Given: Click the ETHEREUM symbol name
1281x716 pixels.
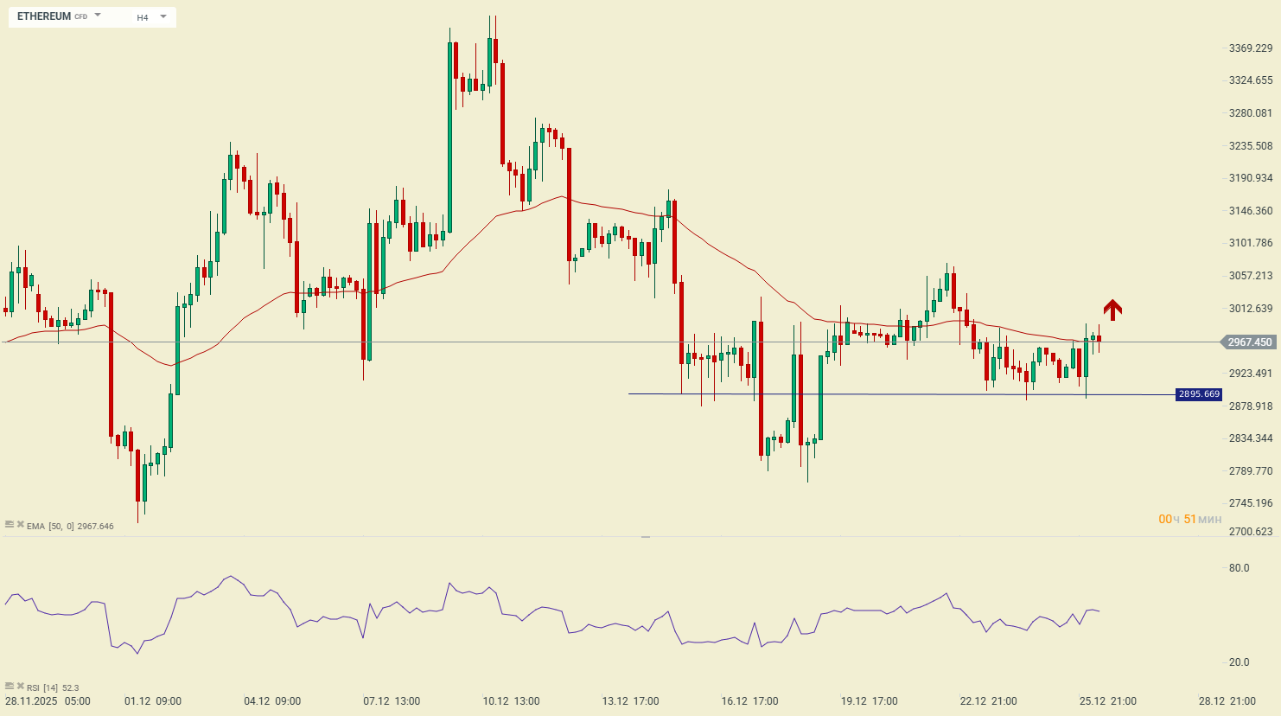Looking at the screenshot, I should [44, 16].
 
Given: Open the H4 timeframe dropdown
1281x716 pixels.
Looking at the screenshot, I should [163, 16].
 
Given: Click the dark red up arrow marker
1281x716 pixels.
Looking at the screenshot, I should [1112, 309].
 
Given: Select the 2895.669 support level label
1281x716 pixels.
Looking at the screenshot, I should [1199, 394].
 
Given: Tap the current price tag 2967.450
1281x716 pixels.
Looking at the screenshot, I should [1250, 342].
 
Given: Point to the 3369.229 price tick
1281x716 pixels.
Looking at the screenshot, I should [1250, 48].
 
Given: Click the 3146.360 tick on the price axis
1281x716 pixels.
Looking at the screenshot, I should [1250, 211].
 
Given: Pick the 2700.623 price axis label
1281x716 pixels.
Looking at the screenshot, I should [1250, 532].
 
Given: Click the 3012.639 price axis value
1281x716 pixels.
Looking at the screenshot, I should [1250, 309].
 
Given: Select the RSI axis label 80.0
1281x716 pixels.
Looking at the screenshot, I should [1239, 568].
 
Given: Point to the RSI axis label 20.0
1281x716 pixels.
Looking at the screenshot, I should [1239, 662].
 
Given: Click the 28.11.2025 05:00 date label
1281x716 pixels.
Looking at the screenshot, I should [48, 701].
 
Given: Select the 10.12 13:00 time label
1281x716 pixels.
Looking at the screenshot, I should [511, 701].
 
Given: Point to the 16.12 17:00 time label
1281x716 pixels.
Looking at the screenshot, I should [749, 701].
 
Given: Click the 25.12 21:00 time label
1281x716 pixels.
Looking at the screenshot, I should [1107, 701].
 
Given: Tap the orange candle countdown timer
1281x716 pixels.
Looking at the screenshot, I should [1189, 520].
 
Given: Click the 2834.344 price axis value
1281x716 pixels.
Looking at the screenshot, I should [1250, 438].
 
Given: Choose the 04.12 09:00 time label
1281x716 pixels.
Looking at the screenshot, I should [272, 701].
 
